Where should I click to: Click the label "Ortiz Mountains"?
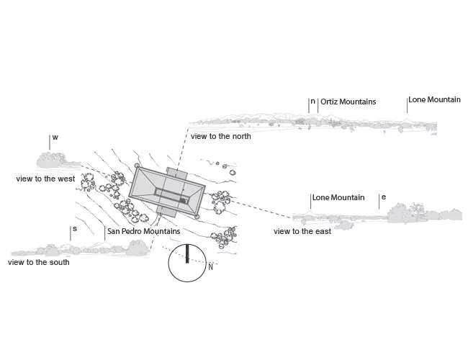348,102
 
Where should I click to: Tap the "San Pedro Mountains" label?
143,231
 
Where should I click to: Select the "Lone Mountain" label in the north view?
434,99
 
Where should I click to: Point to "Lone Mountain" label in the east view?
338,197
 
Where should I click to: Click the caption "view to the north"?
221,136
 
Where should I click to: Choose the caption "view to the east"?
302,231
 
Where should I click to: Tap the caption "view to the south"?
39,262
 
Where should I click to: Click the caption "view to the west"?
45,179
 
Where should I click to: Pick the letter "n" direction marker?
312,102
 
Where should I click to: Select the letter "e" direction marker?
384,197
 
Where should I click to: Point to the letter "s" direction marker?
75,229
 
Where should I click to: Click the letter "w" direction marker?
55,138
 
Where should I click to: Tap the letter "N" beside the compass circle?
210,267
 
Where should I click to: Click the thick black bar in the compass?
187,254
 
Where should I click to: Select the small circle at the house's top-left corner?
137,166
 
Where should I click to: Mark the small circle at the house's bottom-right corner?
197,217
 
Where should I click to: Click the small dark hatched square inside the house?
184,201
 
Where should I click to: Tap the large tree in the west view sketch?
50,160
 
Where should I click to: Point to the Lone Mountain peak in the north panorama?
406,120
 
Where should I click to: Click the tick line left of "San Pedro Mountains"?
105,234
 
